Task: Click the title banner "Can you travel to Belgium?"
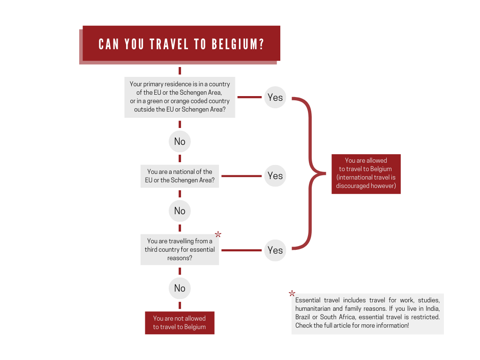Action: [x=181, y=44]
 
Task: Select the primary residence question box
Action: [x=180, y=97]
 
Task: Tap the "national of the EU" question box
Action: [x=180, y=176]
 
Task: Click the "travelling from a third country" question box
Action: [x=180, y=250]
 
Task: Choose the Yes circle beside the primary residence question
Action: [x=275, y=97]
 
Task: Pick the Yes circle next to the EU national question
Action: [x=275, y=176]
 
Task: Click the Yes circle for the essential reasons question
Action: [x=275, y=250]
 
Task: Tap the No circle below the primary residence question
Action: [x=180, y=142]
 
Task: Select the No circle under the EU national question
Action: [x=180, y=211]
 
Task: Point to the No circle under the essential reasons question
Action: [x=180, y=288]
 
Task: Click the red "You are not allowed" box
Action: [x=180, y=322]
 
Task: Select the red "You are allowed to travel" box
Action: [x=366, y=173]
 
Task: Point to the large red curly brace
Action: [x=309, y=173]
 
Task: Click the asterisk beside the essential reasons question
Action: [x=218, y=234]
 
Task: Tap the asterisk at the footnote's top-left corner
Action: [x=292, y=294]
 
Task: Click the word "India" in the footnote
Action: [x=432, y=308]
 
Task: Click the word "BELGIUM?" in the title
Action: [x=238, y=45]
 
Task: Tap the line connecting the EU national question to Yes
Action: [x=241, y=176]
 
